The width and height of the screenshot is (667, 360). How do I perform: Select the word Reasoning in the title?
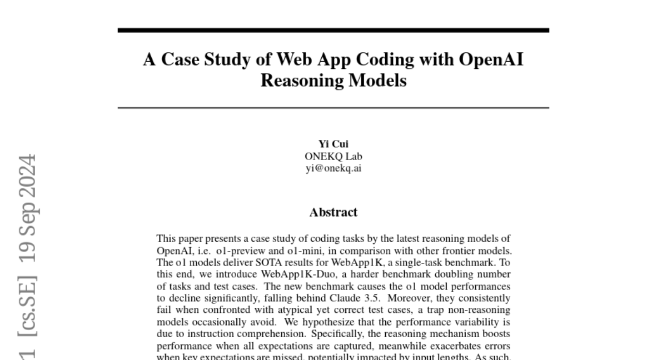pyautogui.click(x=301, y=81)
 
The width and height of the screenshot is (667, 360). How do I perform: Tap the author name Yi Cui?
pyautogui.click(x=333, y=144)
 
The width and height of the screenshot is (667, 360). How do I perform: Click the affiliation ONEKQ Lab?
pyautogui.click(x=333, y=156)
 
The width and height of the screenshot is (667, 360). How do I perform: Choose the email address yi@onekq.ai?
pyautogui.click(x=333, y=168)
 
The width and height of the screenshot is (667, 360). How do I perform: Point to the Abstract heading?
pyautogui.click(x=333, y=212)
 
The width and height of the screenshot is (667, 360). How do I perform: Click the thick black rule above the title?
pyautogui.click(x=333, y=30)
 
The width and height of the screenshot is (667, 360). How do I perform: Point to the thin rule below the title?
pyautogui.click(x=333, y=107)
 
